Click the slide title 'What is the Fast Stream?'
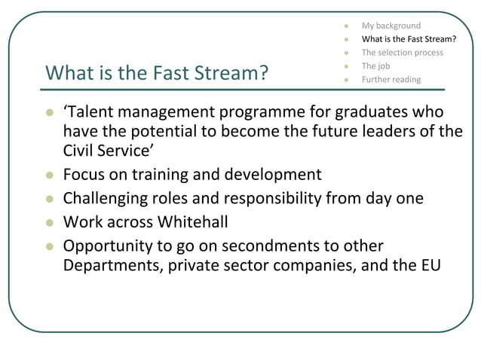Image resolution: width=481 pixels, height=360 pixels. point(158,73)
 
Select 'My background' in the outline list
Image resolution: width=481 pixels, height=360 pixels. point(391,26)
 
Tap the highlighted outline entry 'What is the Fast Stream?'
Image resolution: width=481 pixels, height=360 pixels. point(409,39)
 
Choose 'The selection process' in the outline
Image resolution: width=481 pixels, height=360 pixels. point(402,53)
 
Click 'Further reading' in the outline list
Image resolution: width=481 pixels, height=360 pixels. point(391,80)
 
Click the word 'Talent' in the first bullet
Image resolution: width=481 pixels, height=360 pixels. point(92,113)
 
